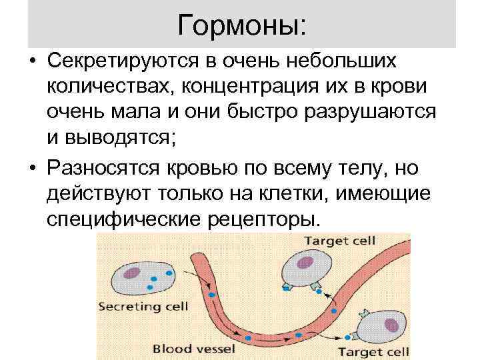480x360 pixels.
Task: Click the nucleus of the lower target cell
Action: click(x=392, y=325)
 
